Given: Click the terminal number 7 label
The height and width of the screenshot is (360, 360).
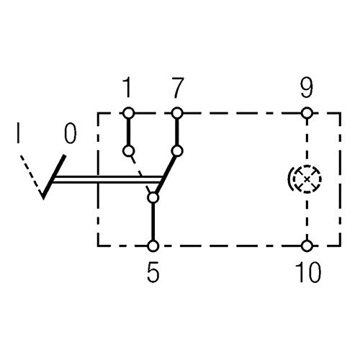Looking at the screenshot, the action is [178, 87].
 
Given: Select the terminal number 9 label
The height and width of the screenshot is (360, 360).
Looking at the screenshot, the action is [307, 87].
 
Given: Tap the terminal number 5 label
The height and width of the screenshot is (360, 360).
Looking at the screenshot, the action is [153, 271].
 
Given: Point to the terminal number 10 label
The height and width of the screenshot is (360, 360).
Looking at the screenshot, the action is [308, 271].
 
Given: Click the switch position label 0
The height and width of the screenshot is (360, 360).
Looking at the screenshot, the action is [71, 132].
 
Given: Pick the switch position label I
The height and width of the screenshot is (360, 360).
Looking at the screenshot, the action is [18, 132].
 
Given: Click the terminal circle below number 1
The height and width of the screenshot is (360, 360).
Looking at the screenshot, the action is [128, 112].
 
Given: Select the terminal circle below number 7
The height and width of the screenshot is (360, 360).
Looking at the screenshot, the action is [177, 112].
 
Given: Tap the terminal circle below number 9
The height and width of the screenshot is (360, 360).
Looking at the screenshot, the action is [307, 112].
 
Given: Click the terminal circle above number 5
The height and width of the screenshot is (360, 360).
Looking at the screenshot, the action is [153, 246].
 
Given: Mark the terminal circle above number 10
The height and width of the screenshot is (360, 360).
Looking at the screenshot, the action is [307, 246].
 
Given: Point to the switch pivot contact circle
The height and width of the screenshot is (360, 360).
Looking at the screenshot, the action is [153, 198].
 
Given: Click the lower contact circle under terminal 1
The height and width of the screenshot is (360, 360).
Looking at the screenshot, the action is [128, 151].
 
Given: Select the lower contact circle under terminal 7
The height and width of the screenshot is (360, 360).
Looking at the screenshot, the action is [177, 151].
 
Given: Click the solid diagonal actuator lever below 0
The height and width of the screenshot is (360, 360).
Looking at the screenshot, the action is [53, 176].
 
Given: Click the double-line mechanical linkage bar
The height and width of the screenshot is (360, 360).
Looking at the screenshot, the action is [107, 180].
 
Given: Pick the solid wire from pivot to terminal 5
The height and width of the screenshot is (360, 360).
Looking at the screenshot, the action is [153, 222].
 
